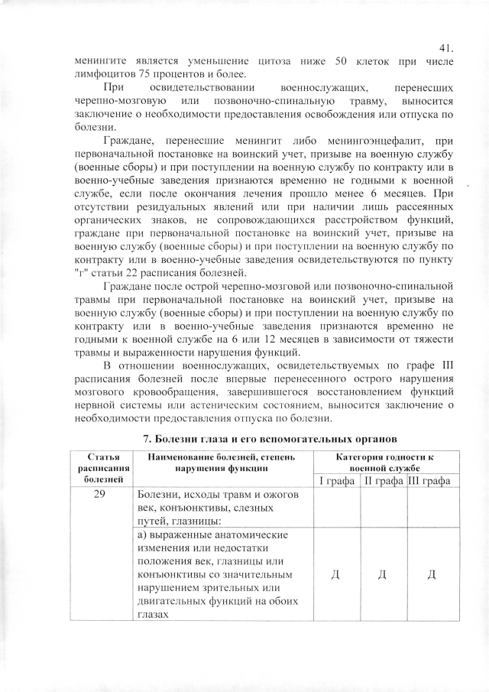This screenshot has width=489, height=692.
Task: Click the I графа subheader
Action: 338,480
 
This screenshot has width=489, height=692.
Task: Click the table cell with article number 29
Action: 102,495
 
